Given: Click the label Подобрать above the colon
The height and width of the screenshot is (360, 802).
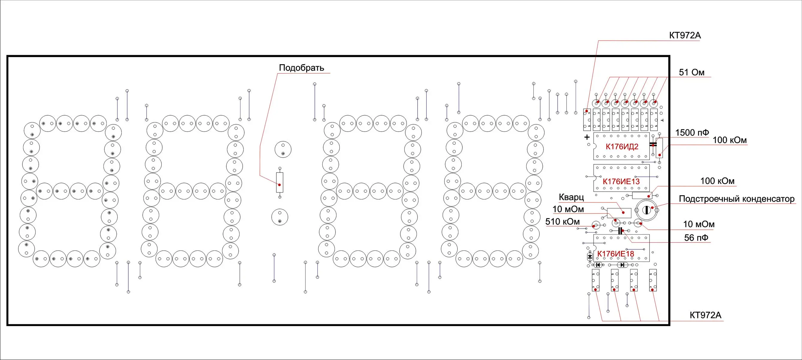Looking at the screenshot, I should [301, 67].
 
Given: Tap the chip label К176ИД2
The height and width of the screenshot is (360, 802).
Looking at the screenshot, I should [622, 146].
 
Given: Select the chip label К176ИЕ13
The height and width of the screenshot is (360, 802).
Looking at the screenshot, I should [621, 181].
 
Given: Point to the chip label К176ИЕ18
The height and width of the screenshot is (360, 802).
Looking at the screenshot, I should [616, 254].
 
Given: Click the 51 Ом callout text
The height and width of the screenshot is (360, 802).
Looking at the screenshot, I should [691, 72].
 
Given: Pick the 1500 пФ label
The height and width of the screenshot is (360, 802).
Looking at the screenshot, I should [692, 133].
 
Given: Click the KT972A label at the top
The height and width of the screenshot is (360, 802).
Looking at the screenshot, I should [685, 35].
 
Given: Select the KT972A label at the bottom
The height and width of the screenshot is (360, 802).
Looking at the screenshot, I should [705, 315].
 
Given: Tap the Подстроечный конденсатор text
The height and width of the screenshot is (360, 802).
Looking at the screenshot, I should [736, 199].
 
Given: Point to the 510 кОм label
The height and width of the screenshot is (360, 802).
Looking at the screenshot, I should [562, 221].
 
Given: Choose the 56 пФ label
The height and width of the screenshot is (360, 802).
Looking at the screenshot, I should [696, 238].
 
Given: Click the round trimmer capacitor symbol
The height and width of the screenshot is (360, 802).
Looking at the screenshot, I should [646, 210].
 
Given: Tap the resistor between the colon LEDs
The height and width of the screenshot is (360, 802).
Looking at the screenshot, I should [280, 183].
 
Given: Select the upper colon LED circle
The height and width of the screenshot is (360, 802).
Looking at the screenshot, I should [283, 149].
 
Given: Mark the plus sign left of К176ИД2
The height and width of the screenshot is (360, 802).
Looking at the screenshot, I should [587, 137].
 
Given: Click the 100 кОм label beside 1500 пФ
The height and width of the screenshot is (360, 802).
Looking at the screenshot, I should [729, 140].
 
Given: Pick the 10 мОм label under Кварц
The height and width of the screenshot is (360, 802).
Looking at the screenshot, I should [568, 209].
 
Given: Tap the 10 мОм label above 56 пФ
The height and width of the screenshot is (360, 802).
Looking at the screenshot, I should [699, 224].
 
